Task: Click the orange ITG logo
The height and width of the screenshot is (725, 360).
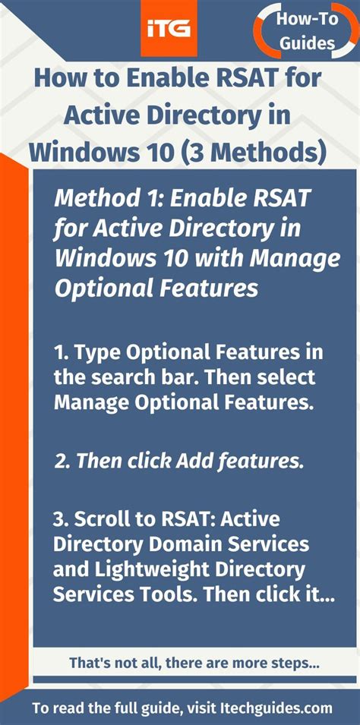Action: (x=169, y=29)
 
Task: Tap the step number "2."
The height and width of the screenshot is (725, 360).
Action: (x=62, y=460)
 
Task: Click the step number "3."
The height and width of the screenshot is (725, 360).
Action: (x=62, y=520)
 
